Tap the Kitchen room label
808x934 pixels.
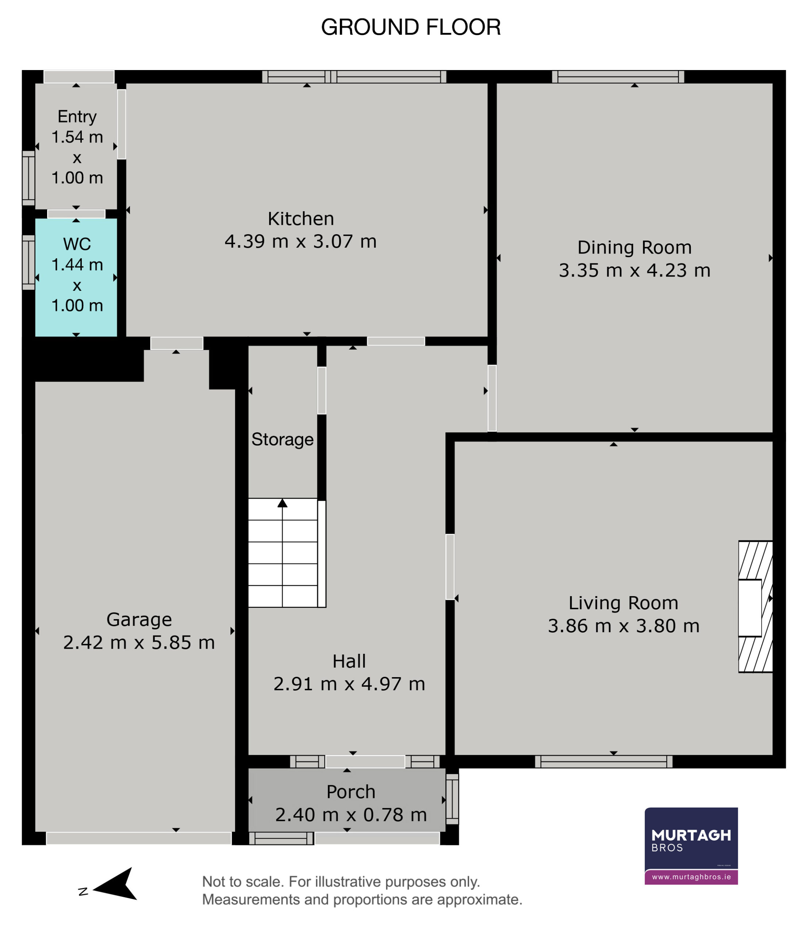tap(300, 219)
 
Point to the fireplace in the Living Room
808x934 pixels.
tap(755, 607)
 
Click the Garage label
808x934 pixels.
tap(139, 620)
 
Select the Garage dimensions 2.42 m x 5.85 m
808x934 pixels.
tap(139, 642)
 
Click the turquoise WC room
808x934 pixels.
tap(76, 277)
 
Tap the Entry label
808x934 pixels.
tap(77, 117)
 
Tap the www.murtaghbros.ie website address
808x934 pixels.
tap(691, 877)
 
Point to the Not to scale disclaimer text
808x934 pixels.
tap(362, 890)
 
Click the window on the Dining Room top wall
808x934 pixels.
tap(618, 77)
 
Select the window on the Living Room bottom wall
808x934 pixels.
tap(604, 762)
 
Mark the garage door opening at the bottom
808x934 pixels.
tap(139, 838)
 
